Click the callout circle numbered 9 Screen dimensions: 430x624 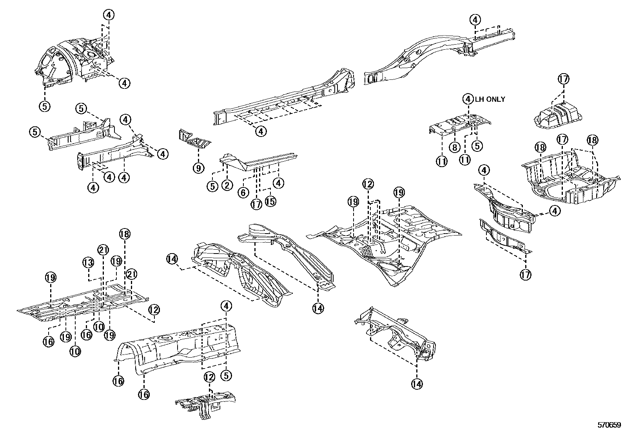[198, 168]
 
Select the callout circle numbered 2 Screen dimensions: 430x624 [227, 185]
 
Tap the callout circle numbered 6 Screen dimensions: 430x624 [243, 193]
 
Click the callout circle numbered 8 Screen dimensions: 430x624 [454, 147]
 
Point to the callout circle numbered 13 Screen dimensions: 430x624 [89, 263]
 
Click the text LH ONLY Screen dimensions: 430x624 [490, 99]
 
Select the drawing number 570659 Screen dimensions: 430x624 [609, 424]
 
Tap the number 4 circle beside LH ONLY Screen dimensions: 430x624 [468, 99]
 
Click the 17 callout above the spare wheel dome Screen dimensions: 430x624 [563, 79]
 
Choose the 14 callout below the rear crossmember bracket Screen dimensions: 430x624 [417, 384]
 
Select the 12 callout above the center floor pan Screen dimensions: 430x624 [368, 184]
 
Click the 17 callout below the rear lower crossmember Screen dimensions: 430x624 [525, 274]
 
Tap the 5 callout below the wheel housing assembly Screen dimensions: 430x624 [45, 106]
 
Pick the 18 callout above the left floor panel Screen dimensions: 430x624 [125, 234]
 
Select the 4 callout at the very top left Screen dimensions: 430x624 [109, 15]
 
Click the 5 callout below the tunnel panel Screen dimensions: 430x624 [226, 375]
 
